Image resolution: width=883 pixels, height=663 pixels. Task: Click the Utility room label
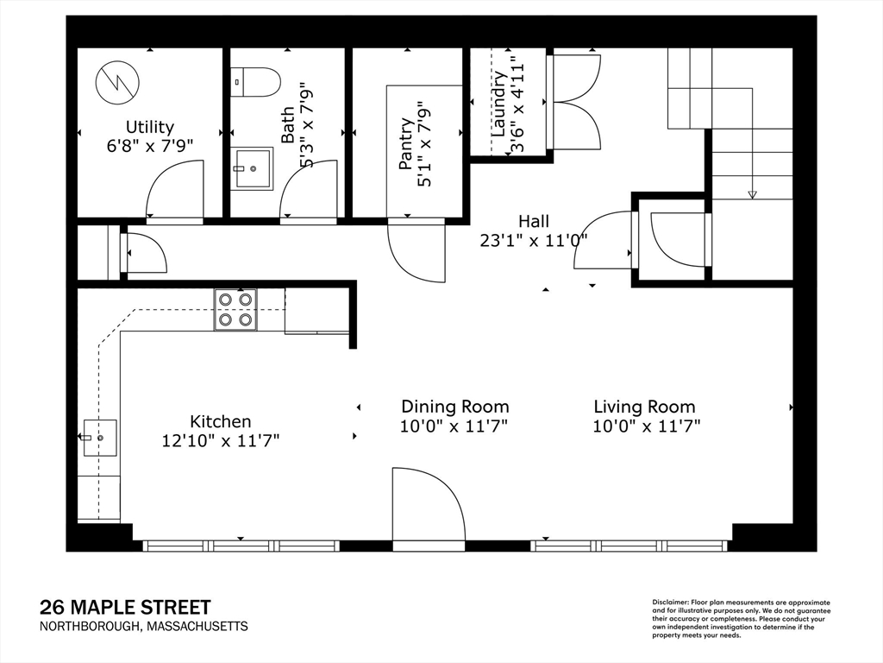click(150, 128)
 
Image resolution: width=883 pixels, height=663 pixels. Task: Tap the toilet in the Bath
click(255, 82)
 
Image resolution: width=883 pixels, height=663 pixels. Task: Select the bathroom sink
click(253, 167)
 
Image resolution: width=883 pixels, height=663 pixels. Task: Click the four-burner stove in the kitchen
click(235, 310)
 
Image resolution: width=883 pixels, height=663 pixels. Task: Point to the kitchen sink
click(100, 438)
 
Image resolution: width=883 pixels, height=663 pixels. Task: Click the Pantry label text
click(406, 143)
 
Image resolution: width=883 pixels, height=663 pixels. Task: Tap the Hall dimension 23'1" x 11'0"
click(534, 241)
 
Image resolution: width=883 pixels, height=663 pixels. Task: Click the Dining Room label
click(455, 407)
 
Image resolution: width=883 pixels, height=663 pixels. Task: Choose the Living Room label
click(645, 407)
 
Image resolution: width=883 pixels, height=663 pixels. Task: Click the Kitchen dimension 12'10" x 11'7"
click(221, 440)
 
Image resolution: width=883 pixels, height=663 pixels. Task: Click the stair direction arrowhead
click(752, 195)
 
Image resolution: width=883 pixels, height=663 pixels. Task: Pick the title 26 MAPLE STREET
click(125, 608)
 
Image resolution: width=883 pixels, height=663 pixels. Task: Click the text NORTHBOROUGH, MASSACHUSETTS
click(144, 627)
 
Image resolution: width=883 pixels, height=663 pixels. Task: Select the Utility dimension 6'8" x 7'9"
click(150, 146)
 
